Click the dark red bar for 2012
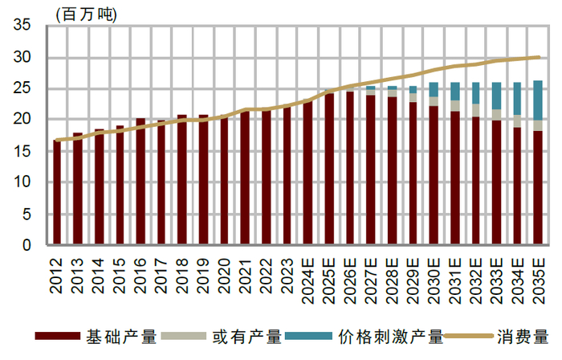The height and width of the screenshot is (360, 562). [57, 193]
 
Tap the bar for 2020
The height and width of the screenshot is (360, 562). [224, 182]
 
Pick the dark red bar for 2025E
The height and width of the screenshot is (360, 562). [329, 169]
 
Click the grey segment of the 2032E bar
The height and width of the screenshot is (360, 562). [475, 110]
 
